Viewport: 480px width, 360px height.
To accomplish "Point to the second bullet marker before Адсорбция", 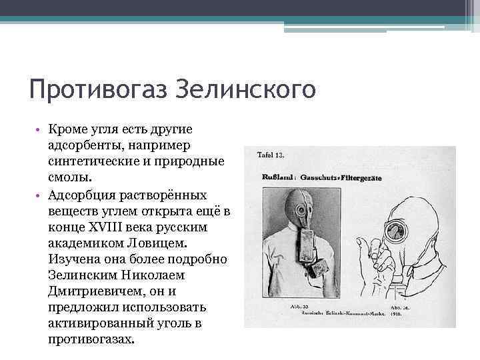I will [41, 195].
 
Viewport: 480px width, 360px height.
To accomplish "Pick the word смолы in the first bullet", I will [67, 179].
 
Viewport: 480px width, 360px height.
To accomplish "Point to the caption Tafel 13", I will [271, 155].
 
